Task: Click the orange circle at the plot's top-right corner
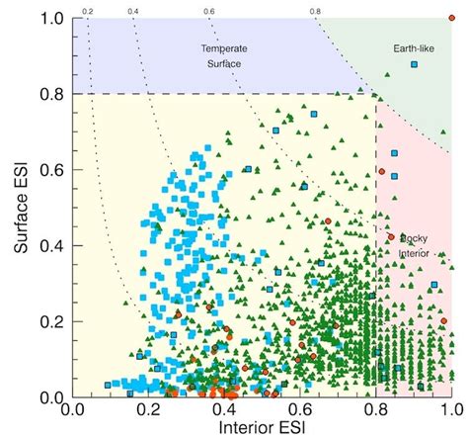pyautogui.click(x=452, y=19)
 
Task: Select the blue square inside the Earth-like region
pyautogui.click(x=415, y=64)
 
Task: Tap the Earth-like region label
pyautogui.click(x=413, y=47)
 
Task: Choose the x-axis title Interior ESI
pyautogui.click(x=261, y=427)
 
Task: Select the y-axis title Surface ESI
pyautogui.click(x=18, y=208)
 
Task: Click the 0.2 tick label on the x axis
pyautogui.click(x=147, y=407)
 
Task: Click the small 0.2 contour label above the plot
pyautogui.click(x=87, y=11)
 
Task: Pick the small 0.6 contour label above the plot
pyautogui.click(x=209, y=11)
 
